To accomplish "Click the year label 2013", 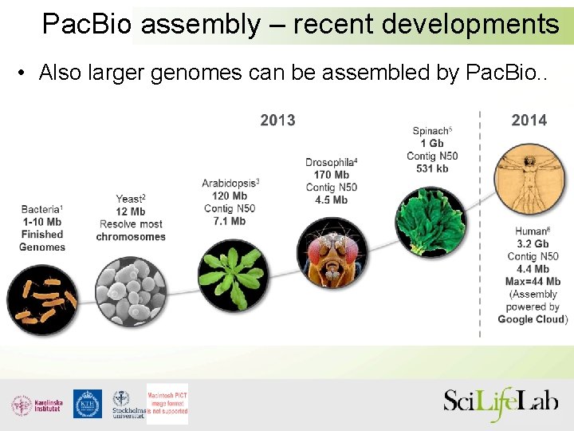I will tap(277, 121).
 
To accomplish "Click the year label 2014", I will tap(529, 121).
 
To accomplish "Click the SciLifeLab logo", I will tap(501, 402).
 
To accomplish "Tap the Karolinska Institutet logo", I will tap(37, 405).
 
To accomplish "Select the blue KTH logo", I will tap(88, 404).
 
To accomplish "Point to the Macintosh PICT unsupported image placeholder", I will tap(167, 404).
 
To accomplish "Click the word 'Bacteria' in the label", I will tap(40, 209).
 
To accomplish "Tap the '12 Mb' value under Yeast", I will tap(131, 212).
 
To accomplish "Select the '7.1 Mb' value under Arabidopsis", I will tap(230, 221).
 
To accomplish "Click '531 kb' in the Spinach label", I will tap(432, 168).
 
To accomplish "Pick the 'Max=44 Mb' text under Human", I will tap(533, 282).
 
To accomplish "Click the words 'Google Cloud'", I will tap(530, 319).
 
